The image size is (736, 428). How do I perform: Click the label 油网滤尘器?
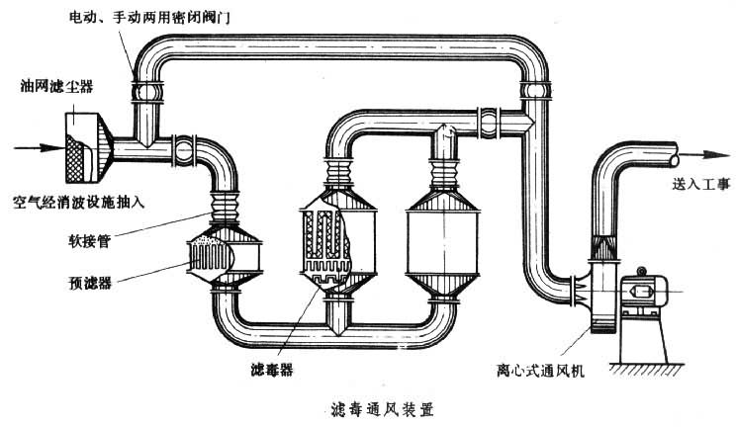[61, 85]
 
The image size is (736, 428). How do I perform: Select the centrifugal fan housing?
[598, 289]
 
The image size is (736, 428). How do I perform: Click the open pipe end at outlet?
[675, 155]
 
